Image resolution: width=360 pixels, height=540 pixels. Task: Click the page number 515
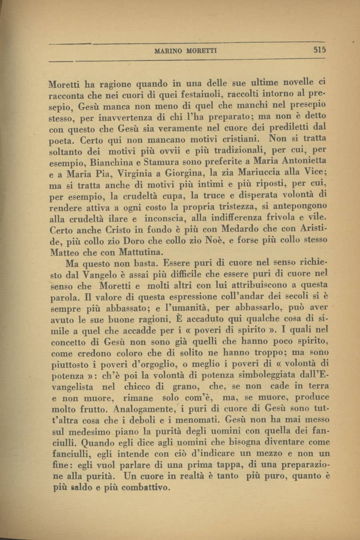(320, 50)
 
